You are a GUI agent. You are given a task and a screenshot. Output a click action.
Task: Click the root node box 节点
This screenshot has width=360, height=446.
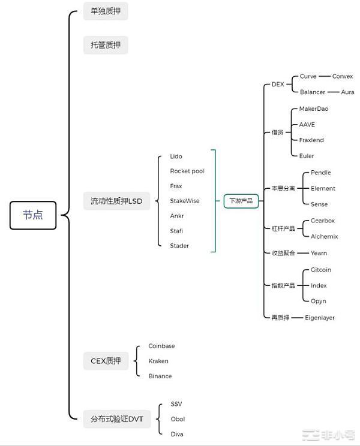33,215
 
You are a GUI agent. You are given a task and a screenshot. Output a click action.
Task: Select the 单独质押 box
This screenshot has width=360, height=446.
106,11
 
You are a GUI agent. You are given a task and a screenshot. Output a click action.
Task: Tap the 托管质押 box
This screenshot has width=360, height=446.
106,45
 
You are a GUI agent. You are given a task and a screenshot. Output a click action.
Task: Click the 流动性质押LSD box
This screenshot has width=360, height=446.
116,201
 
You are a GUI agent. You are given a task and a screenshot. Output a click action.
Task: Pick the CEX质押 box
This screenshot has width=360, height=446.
106,361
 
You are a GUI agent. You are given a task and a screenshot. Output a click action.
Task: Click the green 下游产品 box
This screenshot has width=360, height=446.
241,201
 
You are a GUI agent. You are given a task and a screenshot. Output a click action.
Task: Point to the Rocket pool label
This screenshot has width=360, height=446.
187,171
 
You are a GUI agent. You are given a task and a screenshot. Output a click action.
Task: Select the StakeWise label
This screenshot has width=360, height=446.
185,201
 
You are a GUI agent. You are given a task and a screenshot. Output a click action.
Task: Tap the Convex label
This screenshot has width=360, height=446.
343,76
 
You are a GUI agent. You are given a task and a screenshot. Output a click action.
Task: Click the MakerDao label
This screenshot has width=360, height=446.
314,109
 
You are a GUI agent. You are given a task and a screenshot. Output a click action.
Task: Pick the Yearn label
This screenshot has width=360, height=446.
319,253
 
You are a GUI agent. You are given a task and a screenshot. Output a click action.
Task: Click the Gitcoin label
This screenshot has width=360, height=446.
321,270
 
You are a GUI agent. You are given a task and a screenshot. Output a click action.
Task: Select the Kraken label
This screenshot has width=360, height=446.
158,361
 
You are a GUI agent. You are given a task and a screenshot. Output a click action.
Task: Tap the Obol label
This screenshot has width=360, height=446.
177,419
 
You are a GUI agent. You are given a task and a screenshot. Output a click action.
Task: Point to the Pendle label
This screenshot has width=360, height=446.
321,173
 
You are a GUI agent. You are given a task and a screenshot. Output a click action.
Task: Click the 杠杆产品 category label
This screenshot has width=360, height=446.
283,229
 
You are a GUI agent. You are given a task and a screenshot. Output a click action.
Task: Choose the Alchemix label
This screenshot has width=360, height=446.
324,236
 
